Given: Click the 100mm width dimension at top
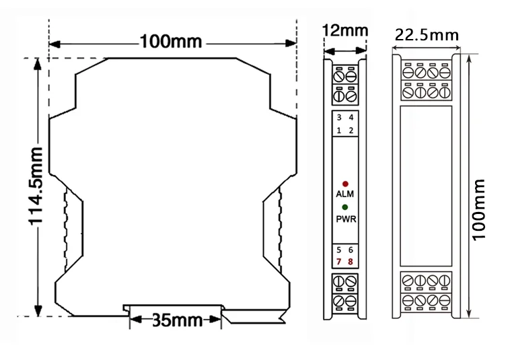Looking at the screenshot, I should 171,41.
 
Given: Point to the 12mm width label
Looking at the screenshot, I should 345,31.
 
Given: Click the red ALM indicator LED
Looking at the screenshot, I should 345,183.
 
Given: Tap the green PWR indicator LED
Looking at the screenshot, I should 345,207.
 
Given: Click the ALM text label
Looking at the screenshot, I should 345,194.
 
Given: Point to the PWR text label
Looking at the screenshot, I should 345,219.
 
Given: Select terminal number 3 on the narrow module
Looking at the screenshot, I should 339,117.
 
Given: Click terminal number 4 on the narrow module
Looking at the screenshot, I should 351,117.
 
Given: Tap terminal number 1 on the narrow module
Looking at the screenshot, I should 339,129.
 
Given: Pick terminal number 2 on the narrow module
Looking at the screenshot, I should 351,129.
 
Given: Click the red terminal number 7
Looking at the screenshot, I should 339,261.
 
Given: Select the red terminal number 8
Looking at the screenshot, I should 351,261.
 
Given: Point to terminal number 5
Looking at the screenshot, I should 339,249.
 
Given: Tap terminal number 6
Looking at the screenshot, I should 351,249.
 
